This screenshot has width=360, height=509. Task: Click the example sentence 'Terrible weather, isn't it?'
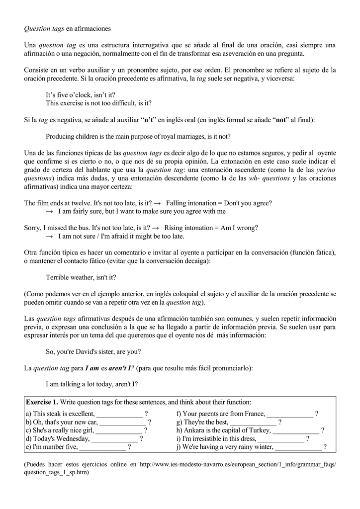[x=81, y=277]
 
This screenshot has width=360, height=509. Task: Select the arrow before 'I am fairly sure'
[x=49, y=211]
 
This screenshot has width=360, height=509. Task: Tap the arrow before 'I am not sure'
[x=49, y=237]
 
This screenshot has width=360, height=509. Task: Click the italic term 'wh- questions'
[x=269, y=178]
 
